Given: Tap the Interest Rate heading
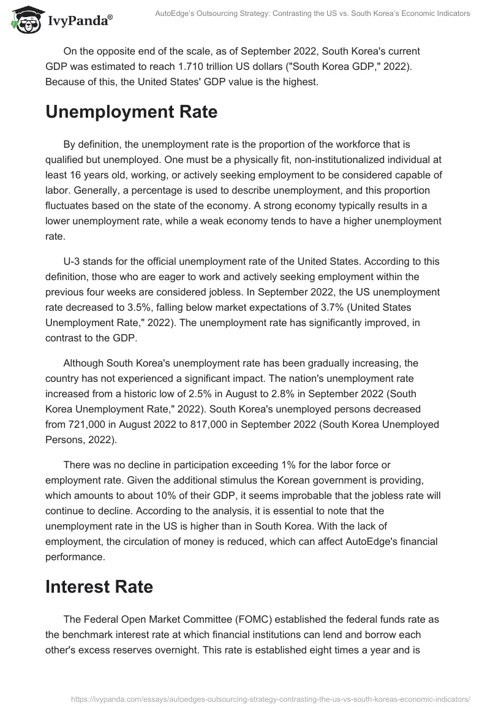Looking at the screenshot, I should (x=99, y=586).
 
